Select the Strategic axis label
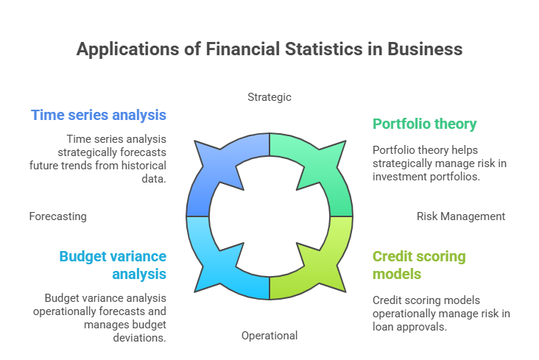269,96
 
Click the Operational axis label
269,336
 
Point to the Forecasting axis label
58,216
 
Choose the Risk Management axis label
461,216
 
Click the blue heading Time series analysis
98,115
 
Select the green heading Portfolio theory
425,124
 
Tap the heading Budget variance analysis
113,265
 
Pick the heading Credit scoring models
419,265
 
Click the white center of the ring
269,216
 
